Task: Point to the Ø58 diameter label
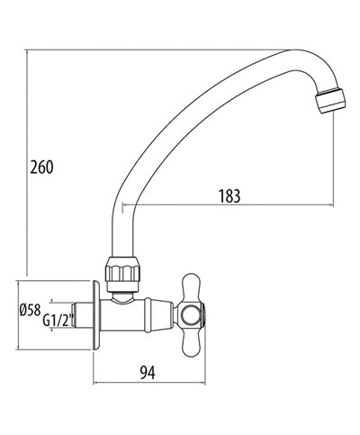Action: point(29,312)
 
